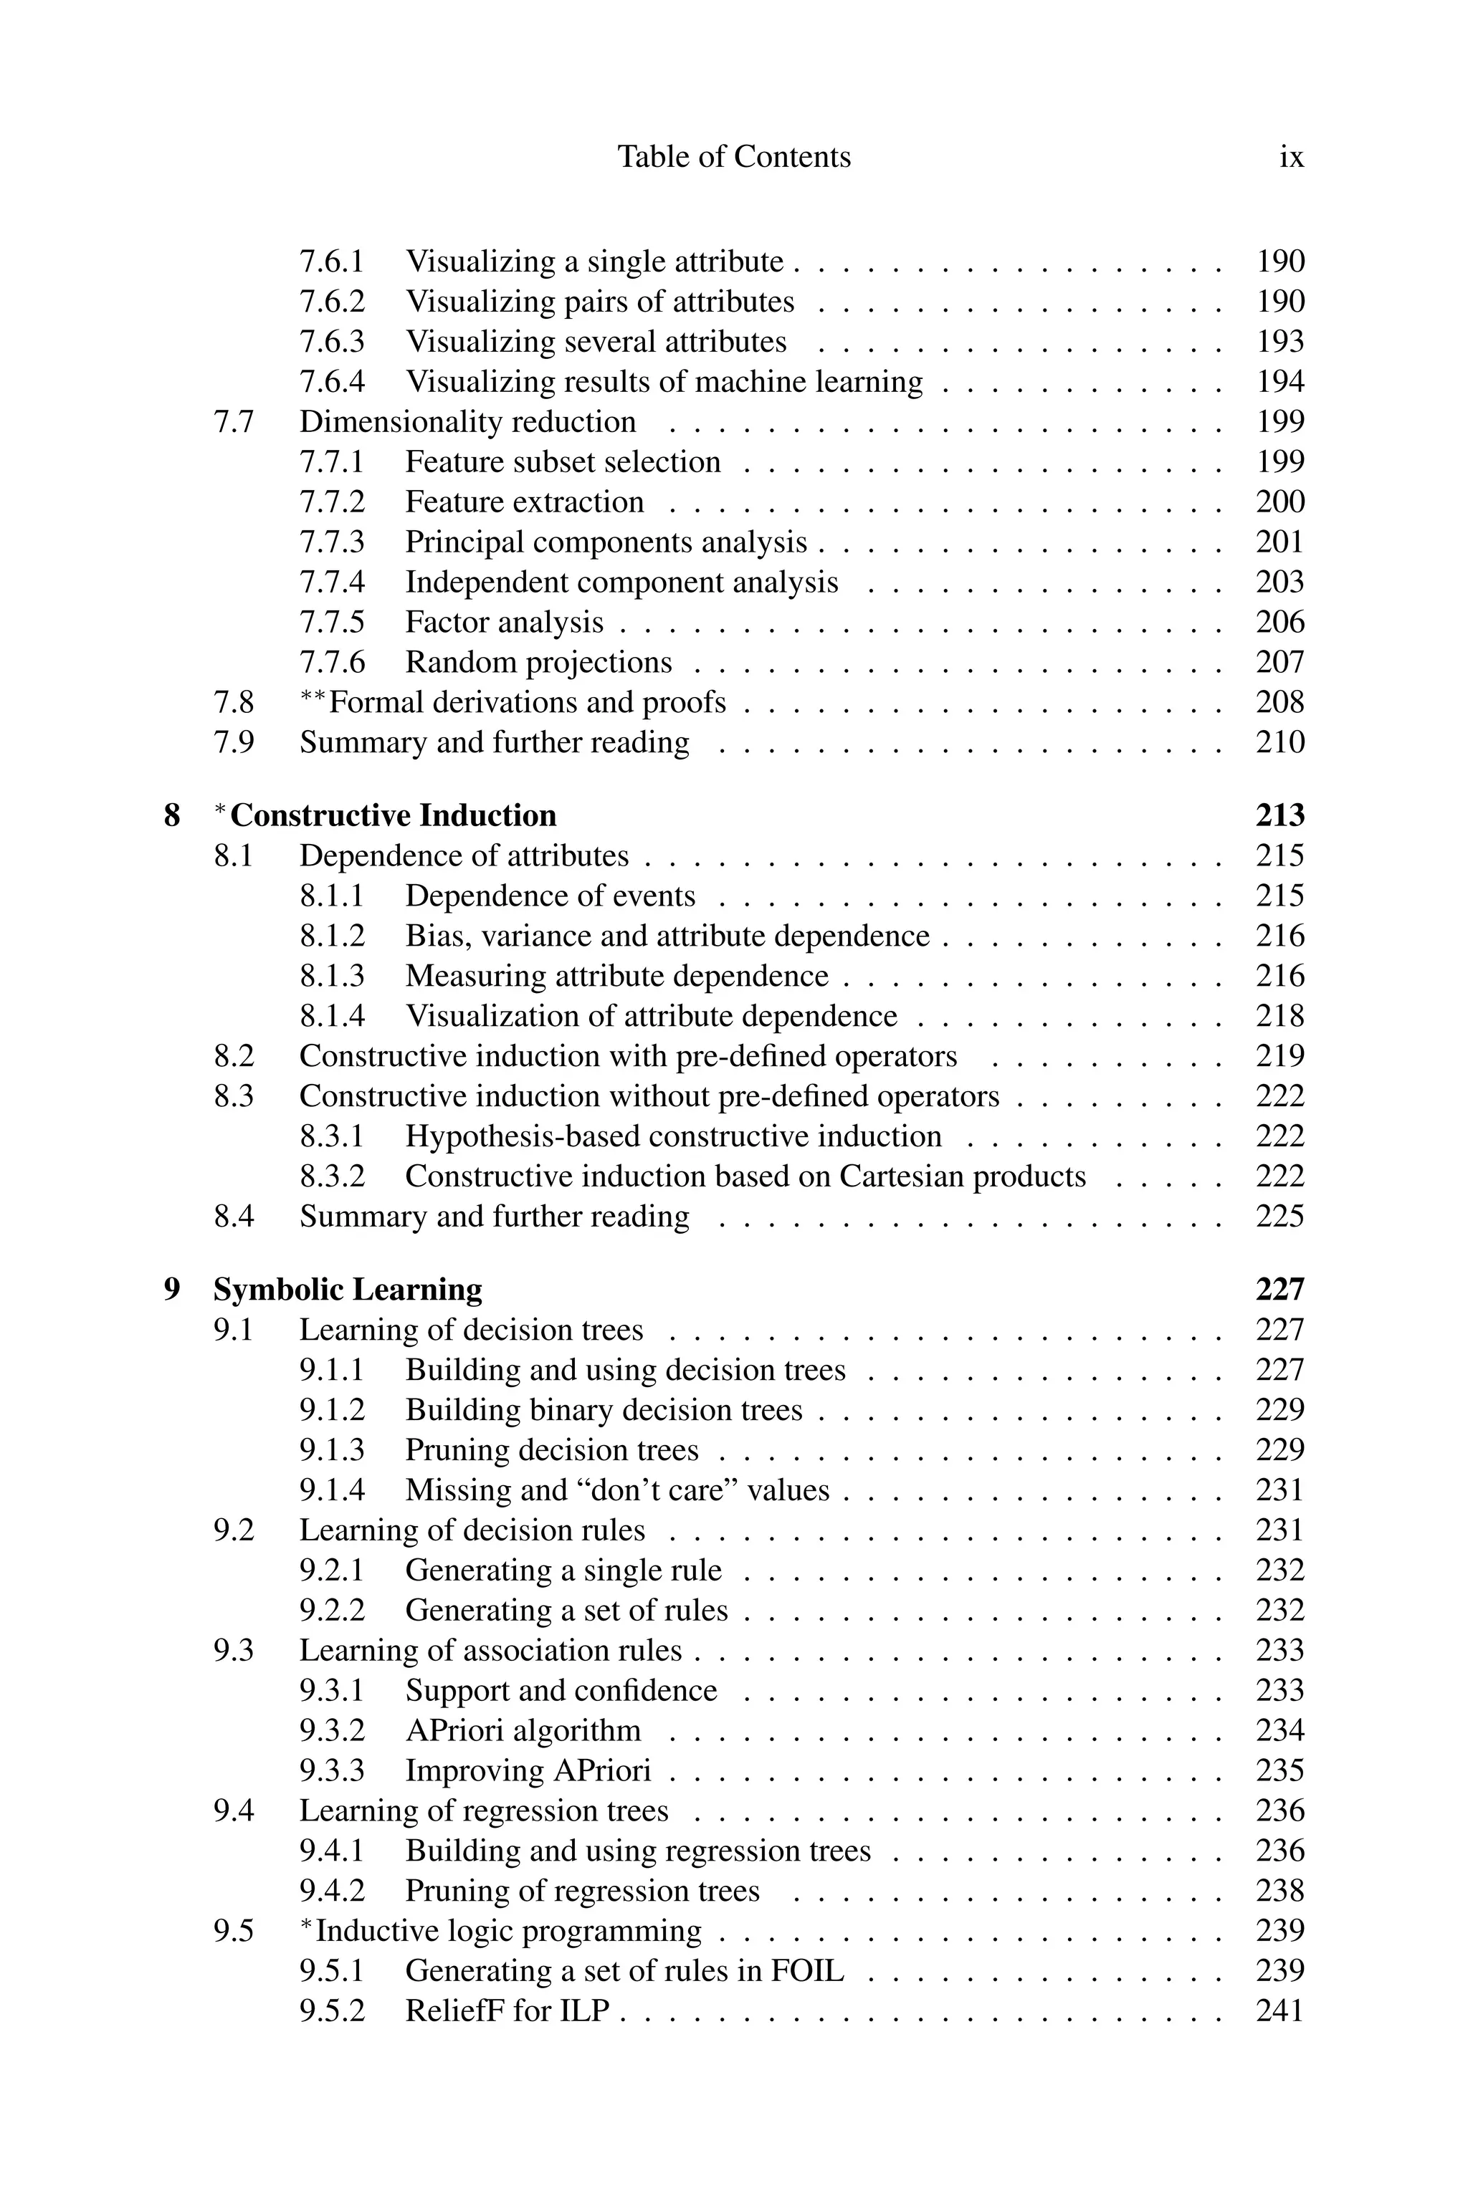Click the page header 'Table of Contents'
click(x=734, y=156)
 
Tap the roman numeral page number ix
click(x=1291, y=156)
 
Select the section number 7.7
click(x=233, y=422)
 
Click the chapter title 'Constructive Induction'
click(x=394, y=815)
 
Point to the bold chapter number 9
click(x=172, y=1290)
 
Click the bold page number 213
click(x=1279, y=815)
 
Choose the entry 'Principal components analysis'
click(x=606, y=543)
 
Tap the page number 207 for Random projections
click(x=1279, y=663)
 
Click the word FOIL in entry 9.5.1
click(x=806, y=1971)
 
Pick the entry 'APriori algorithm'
click(x=523, y=1730)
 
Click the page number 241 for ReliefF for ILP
click(x=1279, y=2010)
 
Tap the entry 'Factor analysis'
click(x=504, y=623)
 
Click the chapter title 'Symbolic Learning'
click(x=348, y=1290)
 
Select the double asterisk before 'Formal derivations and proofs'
click(x=314, y=699)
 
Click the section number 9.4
click(x=233, y=1811)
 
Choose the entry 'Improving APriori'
click(x=528, y=1770)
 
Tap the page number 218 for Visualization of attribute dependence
click(x=1279, y=1016)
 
